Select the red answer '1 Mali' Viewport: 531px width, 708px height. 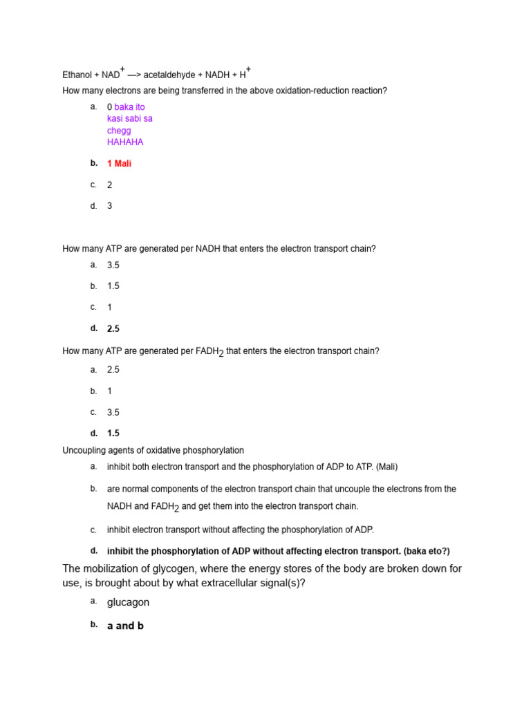(x=119, y=164)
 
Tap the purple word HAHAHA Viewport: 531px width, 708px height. (x=125, y=142)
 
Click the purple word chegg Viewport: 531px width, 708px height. (x=119, y=131)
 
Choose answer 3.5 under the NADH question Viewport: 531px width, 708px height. (x=113, y=265)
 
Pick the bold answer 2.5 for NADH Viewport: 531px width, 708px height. (x=113, y=329)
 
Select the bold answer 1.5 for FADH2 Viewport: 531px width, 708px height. (x=113, y=434)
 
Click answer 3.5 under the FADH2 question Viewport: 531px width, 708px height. (x=113, y=413)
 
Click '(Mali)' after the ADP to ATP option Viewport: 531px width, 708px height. (x=386, y=467)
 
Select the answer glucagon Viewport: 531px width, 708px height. (x=128, y=602)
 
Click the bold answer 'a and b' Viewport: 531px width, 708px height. (x=125, y=626)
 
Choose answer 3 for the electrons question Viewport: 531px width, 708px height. (x=110, y=206)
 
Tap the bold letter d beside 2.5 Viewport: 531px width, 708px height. (x=93, y=328)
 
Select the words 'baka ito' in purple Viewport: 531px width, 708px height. (x=130, y=107)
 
